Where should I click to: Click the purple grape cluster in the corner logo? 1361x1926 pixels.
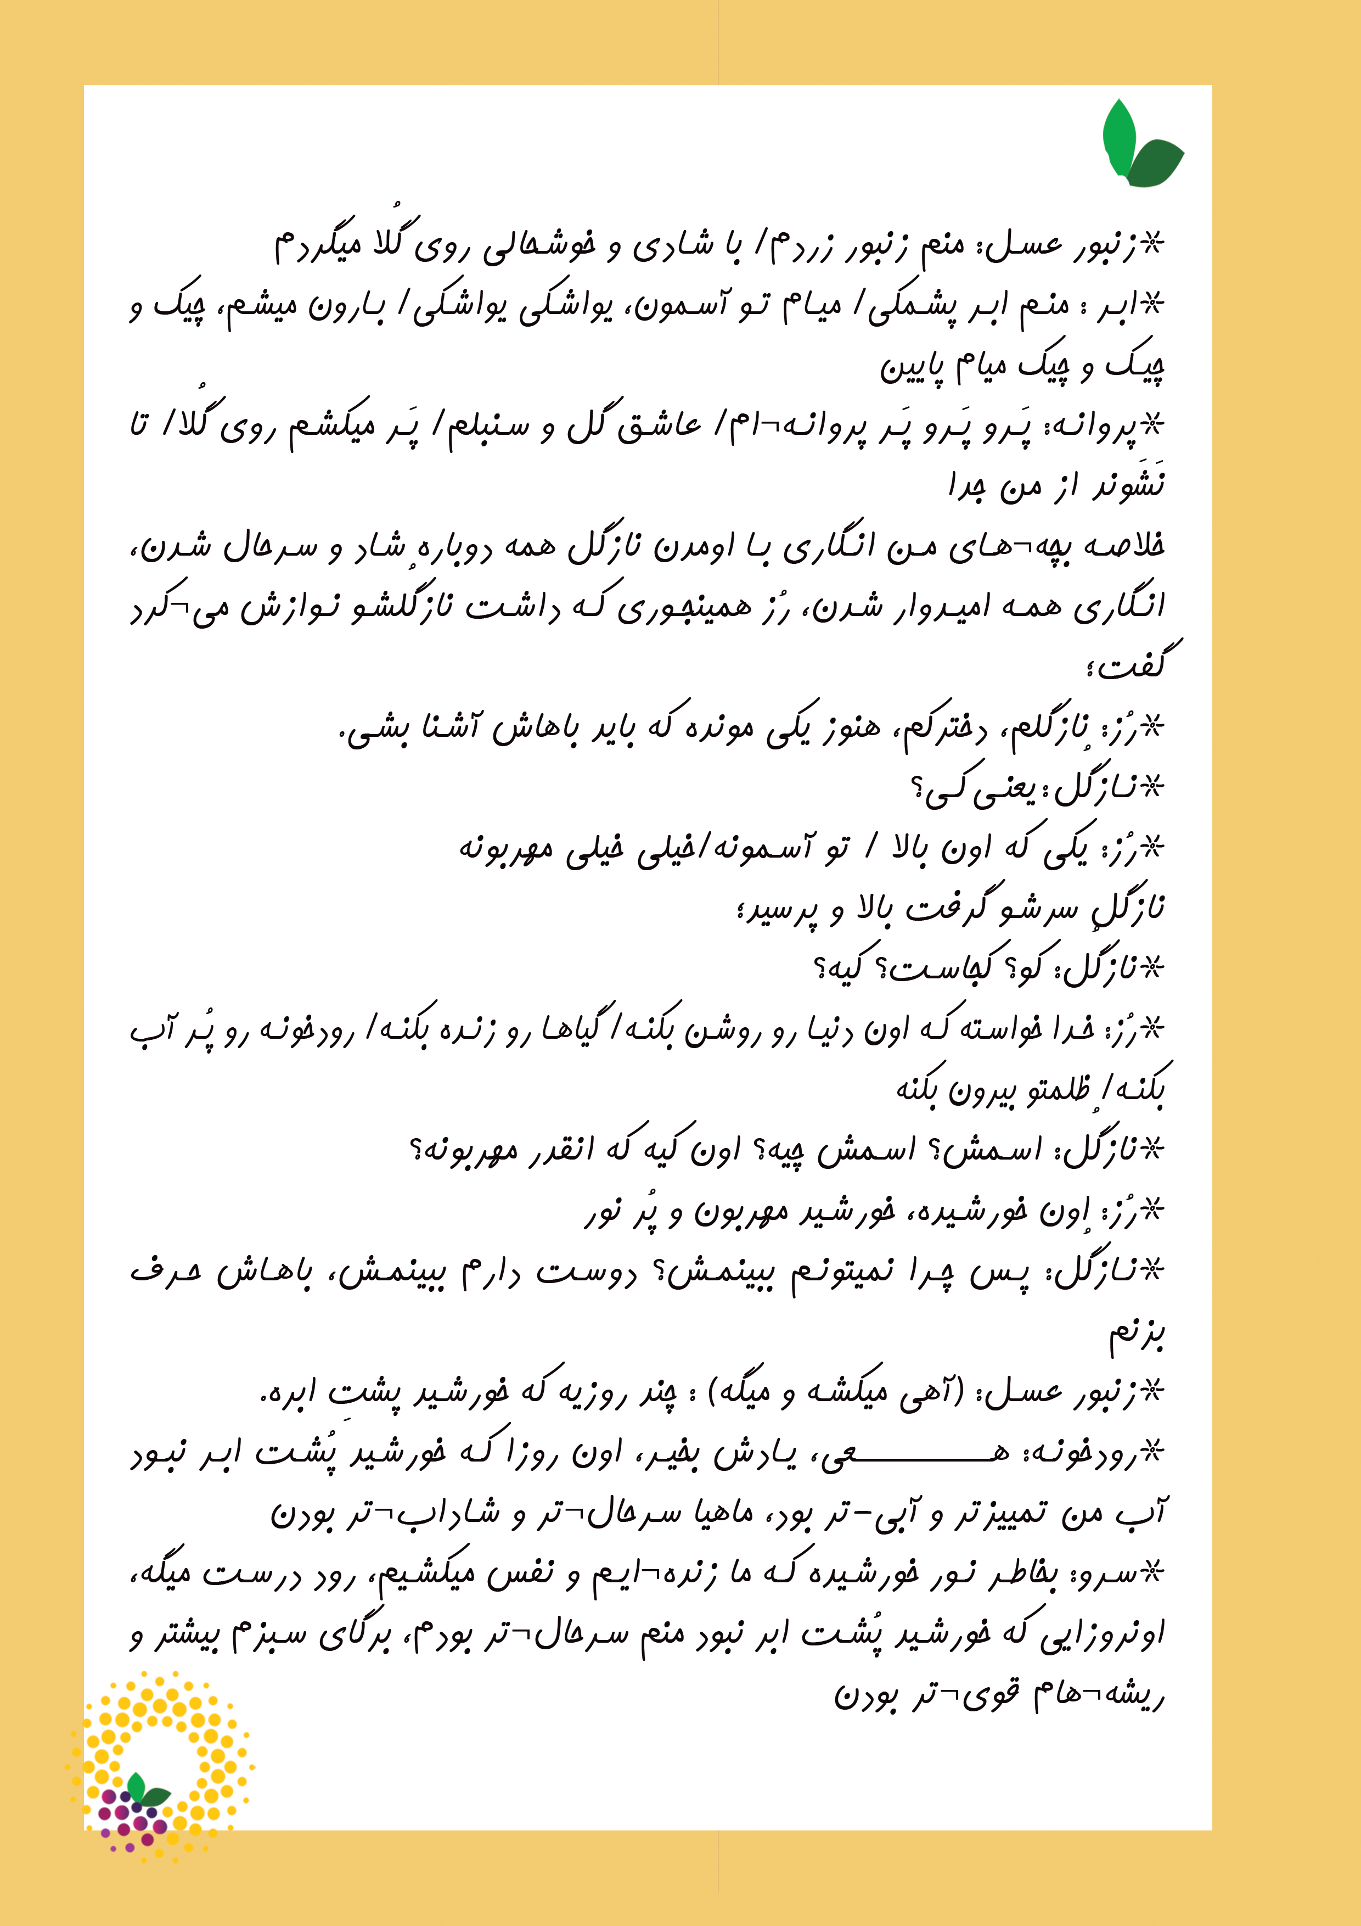[x=134, y=1819]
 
